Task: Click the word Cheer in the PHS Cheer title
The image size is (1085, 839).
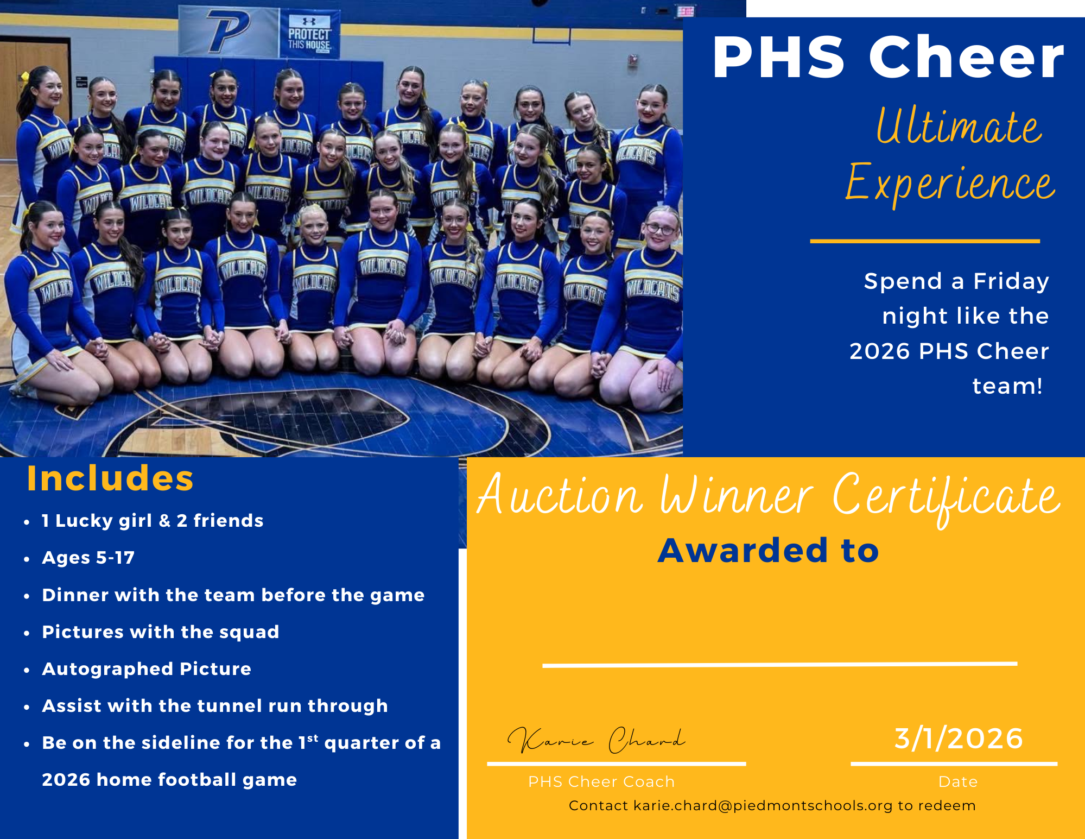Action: tap(966, 57)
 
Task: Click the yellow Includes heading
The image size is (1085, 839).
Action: tap(110, 478)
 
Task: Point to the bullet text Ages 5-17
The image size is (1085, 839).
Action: tap(88, 558)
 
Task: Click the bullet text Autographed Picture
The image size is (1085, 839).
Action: tap(147, 668)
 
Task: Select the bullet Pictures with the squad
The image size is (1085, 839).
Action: tap(161, 632)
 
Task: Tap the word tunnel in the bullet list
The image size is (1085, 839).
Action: tap(229, 705)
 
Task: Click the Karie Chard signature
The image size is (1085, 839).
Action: tap(597, 740)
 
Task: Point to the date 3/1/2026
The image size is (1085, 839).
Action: tap(959, 739)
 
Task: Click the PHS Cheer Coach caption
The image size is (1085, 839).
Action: tap(601, 781)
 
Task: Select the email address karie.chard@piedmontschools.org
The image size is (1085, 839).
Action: tap(763, 805)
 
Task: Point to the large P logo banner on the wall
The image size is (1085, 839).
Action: tap(229, 31)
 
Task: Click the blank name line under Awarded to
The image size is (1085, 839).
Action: tap(779, 664)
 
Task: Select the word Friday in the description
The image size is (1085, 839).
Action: tap(1011, 282)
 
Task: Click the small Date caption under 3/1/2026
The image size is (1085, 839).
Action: tap(958, 781)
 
